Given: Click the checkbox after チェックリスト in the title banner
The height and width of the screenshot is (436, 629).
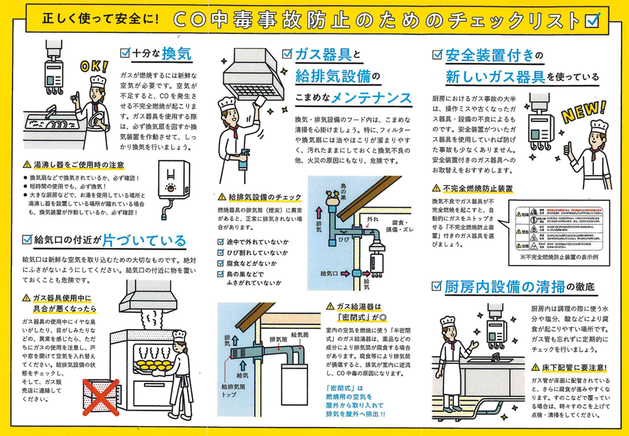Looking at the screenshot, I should coord(592,20).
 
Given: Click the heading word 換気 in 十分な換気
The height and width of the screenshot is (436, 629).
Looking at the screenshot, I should coord(175,53).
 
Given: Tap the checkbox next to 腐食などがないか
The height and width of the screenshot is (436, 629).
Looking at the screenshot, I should coord(221,263).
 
